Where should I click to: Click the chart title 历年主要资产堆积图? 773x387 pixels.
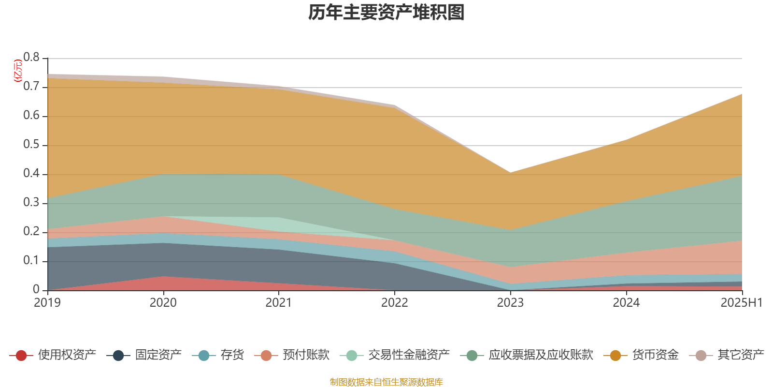tap(386, 13)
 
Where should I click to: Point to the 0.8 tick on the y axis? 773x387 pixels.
tap(32, 58)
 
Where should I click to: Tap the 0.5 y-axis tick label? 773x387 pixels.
tap(32, 145)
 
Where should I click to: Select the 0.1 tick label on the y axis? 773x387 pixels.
tap(32, 261)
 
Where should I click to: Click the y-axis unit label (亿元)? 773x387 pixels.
tap(18, 71)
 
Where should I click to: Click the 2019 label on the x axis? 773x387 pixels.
tap(47, 303)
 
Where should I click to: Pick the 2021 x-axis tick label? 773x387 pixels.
tap(279, 303)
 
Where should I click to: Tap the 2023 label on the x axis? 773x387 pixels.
tap(511, 303)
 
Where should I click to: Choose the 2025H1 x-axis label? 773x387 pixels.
tap(741, 303)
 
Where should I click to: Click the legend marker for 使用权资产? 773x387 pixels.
tap(21, 356)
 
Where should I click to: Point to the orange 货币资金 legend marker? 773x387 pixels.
tap(615, 356)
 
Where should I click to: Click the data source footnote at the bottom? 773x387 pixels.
tap(386, 382)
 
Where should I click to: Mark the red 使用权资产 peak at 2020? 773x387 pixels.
tap(163, 277)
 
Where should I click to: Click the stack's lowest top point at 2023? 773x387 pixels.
tap(511, 172)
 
